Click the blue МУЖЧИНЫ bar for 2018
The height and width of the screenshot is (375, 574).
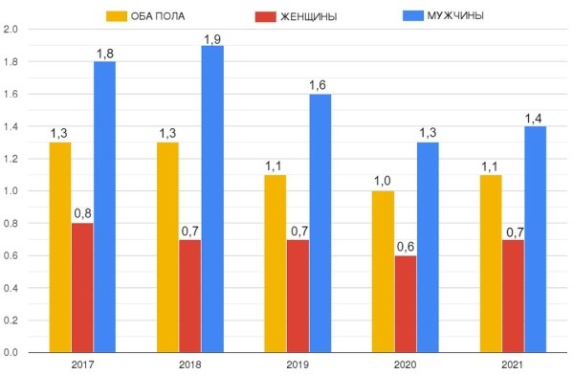[x=211, y=199]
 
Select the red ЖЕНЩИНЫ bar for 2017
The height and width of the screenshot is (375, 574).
[x=82, y=288]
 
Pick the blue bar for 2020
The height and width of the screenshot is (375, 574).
[x=428, y=248]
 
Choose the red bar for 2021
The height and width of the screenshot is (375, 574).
[x=512, y=296]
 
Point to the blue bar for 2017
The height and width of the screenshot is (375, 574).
[x=104, y=207]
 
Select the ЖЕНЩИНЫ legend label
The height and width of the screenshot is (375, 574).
[x=307, y=15]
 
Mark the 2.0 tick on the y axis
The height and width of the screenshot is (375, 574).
[x=12, y=29]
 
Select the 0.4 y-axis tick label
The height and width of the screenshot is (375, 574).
[x=12, y=288]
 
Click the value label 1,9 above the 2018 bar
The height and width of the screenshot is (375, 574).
[x=212, y=38]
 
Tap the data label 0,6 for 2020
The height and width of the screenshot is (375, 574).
[x=405, y=248]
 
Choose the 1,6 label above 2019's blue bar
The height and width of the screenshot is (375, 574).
[x=320, y=87]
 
